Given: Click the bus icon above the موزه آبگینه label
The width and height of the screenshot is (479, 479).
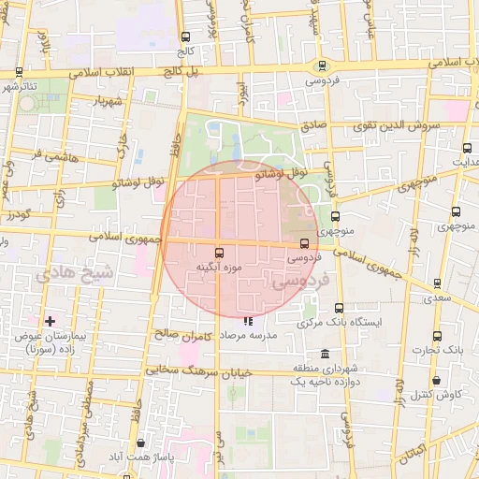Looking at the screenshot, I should tap(220, 252).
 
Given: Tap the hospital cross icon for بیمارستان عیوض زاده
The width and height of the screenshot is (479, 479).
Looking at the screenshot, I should tap(51, 321).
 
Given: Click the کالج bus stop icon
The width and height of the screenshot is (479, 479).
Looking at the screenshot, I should tap(185, 37).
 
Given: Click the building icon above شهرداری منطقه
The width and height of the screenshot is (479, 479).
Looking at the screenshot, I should tap(325, 354).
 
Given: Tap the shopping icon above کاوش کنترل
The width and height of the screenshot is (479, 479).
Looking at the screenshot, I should tap(438, 380).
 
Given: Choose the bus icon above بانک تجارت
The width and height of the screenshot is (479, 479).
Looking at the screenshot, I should tap(437, 336).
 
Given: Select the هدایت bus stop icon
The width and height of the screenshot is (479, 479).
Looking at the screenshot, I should tap(468, 147).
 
